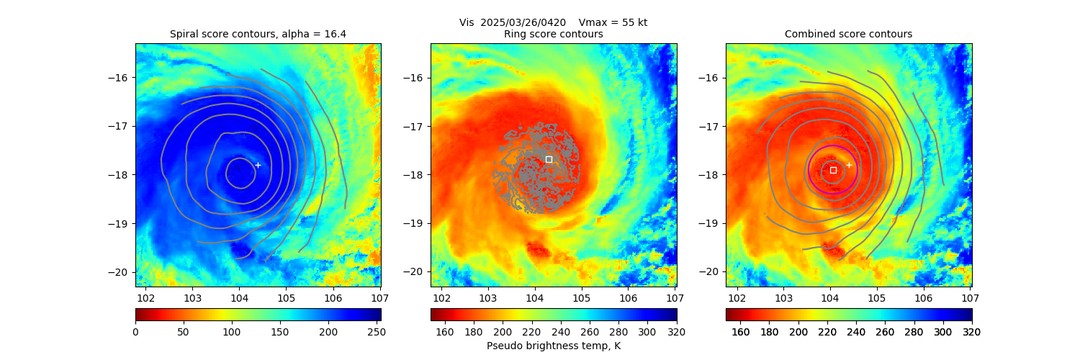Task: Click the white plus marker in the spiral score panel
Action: (x=258, y=165)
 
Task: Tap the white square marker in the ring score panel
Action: (x=549, y=159)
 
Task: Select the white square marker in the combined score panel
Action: (x=833, y=170)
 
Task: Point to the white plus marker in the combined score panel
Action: (x=849, y=165)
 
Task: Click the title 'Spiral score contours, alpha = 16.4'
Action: (x=258, y=34)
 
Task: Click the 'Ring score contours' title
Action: (x=553, y=34)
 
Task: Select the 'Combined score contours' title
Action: (x=848, y=34)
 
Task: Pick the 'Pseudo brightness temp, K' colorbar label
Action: (x=553, y=346)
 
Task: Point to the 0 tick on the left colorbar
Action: (x=135, y=332)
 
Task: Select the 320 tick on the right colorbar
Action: (x=972, y=332)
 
